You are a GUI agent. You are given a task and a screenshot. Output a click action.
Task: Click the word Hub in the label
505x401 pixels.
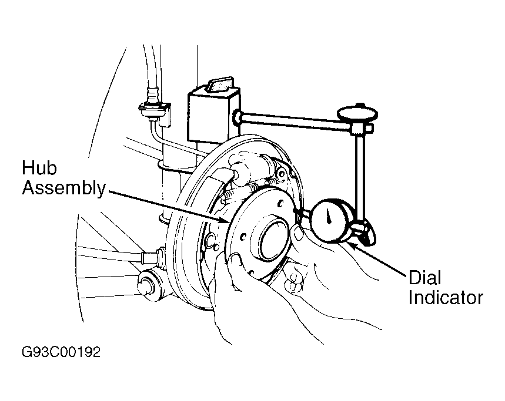39,167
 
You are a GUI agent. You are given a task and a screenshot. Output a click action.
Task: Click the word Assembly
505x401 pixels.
63,188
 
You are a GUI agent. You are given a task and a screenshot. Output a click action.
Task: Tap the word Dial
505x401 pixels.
424,277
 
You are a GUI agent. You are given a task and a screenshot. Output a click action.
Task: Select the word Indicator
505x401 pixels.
446,298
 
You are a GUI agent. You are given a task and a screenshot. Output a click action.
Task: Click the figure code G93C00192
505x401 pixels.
61,352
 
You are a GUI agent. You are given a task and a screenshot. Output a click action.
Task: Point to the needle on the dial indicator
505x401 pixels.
329,215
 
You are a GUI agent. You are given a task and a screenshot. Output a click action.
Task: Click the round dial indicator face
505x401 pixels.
330,220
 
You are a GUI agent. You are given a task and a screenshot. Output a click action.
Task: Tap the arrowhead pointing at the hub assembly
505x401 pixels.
224,220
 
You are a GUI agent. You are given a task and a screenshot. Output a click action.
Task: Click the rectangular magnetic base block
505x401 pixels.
213,113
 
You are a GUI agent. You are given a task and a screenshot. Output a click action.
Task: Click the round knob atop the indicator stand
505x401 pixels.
357,114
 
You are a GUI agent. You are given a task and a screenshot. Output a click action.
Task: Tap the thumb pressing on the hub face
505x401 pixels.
235,261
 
